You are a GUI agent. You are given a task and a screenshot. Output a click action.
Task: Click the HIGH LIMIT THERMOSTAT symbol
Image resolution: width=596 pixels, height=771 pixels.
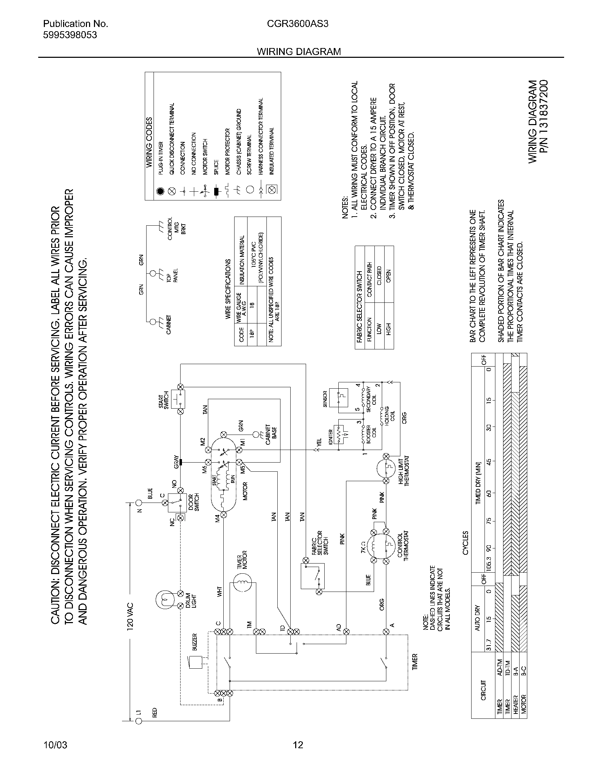pyautogui.click(x=386, y=469)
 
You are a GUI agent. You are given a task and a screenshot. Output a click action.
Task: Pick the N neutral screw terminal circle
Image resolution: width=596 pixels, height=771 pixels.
pyautogui.click(x=139, y=502)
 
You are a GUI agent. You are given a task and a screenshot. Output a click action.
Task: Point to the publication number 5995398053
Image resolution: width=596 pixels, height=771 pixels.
pyautogui.click(x=70, y=35)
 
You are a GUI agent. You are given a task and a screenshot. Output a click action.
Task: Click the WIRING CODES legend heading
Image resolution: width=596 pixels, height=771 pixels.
pyautogui.click(x=149, y=142)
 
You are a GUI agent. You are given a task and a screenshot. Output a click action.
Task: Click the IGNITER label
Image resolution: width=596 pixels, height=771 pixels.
pyautogui.click(x=331, y=437)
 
